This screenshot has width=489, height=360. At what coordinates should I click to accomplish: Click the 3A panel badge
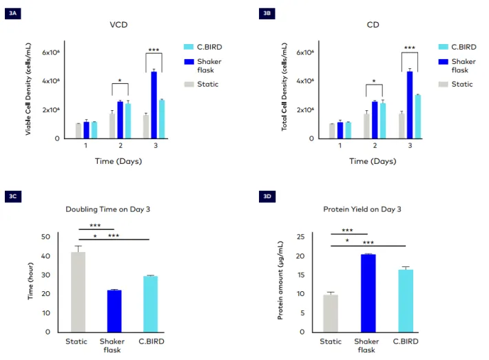13,13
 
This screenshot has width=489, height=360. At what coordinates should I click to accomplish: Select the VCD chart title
119,25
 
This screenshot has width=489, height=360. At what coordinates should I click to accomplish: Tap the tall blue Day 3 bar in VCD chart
154,105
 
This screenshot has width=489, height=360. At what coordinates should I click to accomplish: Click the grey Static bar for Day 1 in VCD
78,130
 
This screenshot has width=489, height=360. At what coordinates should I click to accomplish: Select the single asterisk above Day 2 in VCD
120,81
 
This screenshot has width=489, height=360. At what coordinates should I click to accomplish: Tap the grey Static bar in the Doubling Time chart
78,291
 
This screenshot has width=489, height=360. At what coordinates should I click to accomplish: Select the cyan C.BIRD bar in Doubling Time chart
146,304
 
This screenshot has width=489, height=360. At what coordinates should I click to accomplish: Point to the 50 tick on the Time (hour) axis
45,237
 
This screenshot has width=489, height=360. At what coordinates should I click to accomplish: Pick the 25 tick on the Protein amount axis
300,237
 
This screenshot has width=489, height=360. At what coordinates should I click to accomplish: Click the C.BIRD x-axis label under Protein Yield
406,341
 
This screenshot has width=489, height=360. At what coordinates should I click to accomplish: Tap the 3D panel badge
268,196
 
